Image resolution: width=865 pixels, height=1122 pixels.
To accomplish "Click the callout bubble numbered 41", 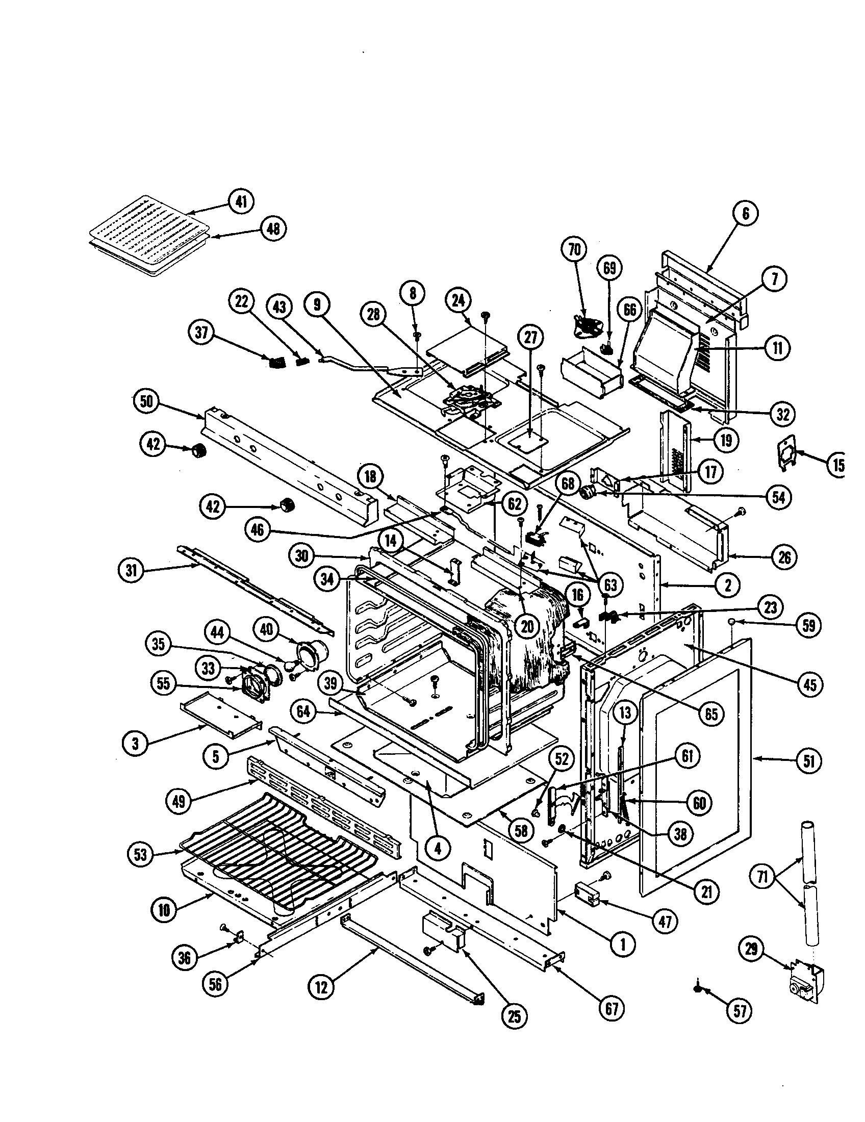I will (x=241, y=202).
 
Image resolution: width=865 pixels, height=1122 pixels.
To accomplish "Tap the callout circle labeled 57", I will (x=739, y=1010).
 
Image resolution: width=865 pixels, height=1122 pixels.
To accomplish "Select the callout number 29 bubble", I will (x=751, y=949).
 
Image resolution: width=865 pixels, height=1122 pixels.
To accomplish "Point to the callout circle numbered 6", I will (x=746, y=213).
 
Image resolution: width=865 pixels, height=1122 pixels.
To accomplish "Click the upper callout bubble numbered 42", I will (x=153, y=444).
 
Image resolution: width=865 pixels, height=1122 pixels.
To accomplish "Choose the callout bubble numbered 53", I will (x=140, y=854).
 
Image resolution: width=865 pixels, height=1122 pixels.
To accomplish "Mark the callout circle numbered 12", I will (x=321, y=987).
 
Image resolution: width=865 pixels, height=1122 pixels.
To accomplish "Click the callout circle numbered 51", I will (x=809, y=760).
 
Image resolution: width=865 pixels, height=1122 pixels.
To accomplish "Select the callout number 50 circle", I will (x=147, y=401).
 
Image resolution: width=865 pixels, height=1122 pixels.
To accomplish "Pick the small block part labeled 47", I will (x=587, y=894).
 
